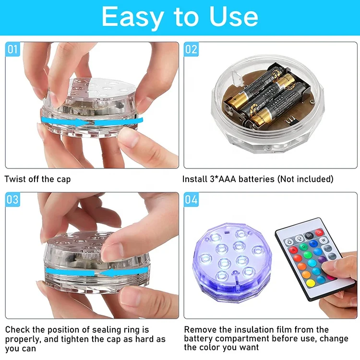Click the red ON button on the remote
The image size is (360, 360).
click(319, 232)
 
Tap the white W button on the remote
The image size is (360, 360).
click(324, 240)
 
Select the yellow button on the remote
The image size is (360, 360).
click(311, 283)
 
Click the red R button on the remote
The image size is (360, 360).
click(293, 250)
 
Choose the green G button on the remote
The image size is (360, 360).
click(303, 247)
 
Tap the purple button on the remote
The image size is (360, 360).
click(322, 260)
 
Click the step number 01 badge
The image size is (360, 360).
click(12, 49)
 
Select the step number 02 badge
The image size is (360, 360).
click(191, 49)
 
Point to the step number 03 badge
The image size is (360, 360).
click(12, 199)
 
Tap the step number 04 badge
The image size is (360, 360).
click(191, 199)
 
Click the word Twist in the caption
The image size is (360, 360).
click(15, 179)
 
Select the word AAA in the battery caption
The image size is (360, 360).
click(227, 179)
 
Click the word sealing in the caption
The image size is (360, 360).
click(107, 330)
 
